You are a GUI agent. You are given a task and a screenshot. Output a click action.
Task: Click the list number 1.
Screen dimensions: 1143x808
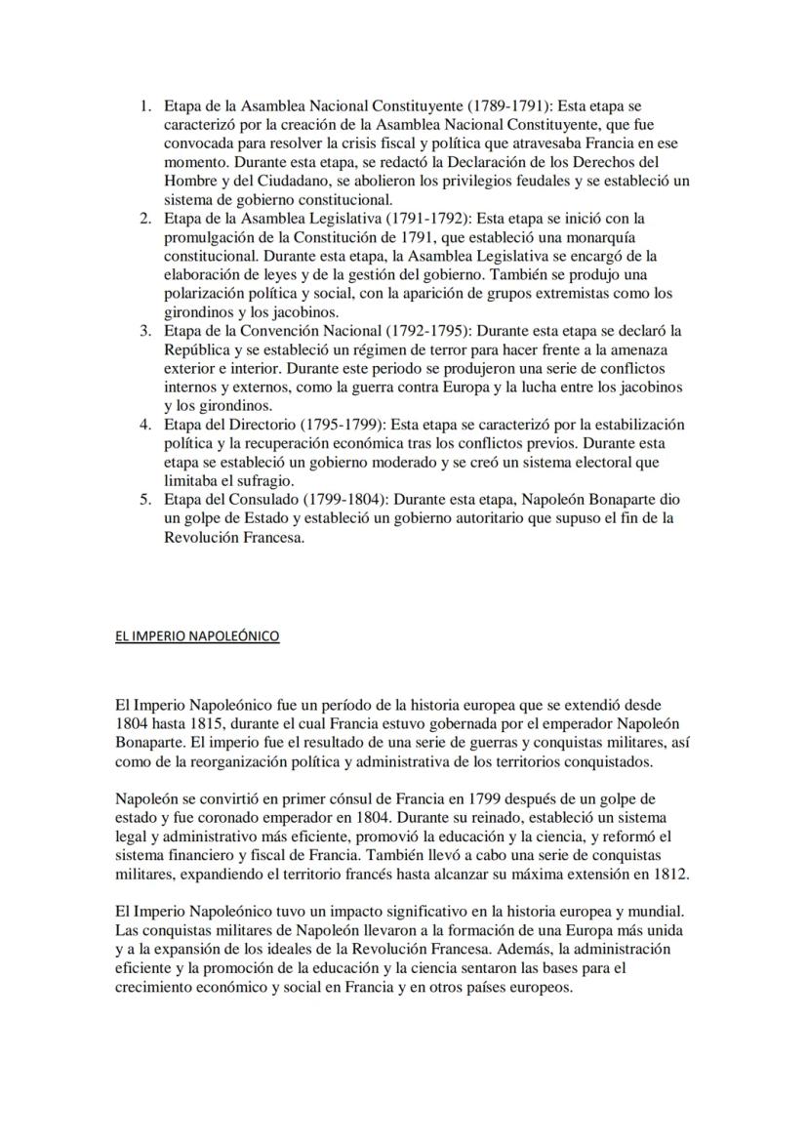pos(145,105)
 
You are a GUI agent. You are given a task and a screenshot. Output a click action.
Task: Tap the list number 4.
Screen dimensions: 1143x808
pos(145,425)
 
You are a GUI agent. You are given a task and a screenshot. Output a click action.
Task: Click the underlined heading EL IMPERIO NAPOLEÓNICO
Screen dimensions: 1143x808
pos(197,636)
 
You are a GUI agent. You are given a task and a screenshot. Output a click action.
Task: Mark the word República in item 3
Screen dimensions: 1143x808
pos(199,350)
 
